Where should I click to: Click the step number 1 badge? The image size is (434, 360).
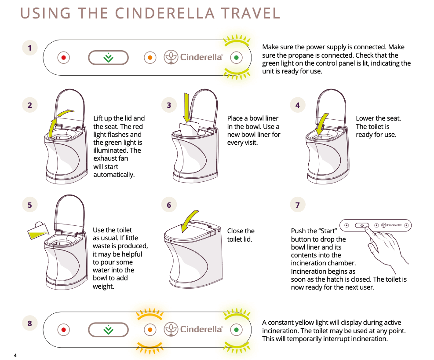click(x=30, y=48)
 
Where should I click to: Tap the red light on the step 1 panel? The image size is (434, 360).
click(x=64, y=58)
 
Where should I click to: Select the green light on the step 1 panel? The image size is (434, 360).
click(x=237, y=58)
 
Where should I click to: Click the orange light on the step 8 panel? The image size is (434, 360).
click(x=150, y=330)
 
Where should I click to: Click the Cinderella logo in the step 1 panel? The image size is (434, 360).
click(x=193, y=58)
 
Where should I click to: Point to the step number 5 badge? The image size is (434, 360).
click(x=30, y=205)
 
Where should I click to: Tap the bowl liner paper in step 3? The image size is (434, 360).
click(x=190, y=130)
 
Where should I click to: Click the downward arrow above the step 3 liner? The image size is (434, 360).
click(x=187, y=107)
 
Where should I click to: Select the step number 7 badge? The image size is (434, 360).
click(x=298, y=205)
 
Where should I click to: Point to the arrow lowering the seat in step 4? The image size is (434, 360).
click(x=323, y=122)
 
